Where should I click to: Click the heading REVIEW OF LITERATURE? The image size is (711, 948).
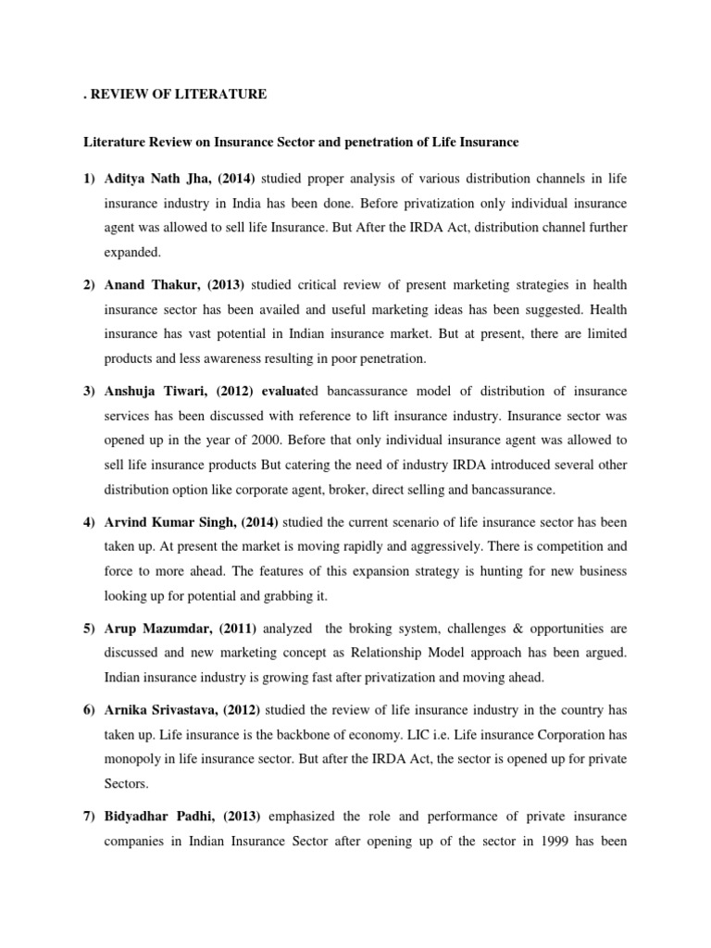(177, 94)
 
